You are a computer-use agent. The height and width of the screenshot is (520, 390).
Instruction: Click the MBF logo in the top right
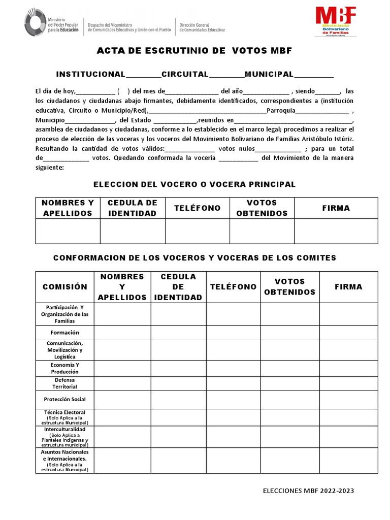point(336,21)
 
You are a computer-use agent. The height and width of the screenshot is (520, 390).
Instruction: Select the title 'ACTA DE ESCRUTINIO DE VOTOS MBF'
point(194,51)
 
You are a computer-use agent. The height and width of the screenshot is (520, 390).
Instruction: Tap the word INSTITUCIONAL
point(90,75)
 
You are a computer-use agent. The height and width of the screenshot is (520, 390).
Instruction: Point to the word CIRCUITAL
point(185,75)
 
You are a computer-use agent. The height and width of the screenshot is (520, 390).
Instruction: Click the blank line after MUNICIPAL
point(314,75)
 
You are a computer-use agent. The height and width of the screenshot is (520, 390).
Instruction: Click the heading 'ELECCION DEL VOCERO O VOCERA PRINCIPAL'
point(195,184)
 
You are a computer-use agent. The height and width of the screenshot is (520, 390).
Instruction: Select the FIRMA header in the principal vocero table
point(336,208)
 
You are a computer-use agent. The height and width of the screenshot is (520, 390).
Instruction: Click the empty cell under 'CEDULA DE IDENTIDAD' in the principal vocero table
point(133,231)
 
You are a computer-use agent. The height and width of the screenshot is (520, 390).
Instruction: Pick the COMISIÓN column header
point(65,287)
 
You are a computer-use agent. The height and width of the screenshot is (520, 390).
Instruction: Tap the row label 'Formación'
point(65,332)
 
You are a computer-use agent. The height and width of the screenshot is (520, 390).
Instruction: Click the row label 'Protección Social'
point(65,399)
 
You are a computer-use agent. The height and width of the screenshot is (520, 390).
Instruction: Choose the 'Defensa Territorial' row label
point(65,383)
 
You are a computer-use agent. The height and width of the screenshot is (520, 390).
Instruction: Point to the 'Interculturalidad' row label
point(65,429)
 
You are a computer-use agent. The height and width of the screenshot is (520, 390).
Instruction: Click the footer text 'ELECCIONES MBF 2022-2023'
point(308,491)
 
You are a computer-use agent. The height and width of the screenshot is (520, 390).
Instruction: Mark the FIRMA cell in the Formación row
point(348,332)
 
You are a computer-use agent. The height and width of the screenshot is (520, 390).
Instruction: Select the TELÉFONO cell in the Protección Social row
point(233,399)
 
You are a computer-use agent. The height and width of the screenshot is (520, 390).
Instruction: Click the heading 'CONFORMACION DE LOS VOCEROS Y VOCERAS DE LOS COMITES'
point(195,258)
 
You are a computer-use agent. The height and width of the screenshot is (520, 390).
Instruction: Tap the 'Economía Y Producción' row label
point(65,368)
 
